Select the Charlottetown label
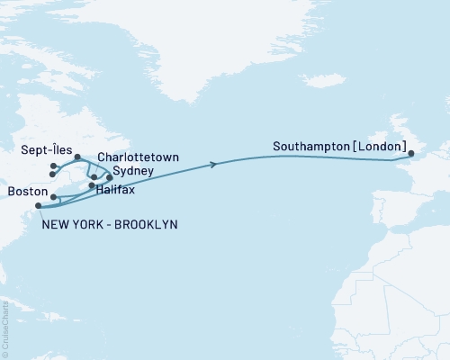tap(137, 157)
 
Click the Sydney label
tap(132, 170)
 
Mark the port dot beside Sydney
tap(109, 177)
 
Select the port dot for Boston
tap(54, 197)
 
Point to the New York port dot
tap(38, 206)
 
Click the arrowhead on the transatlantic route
tap(214, 164)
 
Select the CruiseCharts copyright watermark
tap(5, 329)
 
